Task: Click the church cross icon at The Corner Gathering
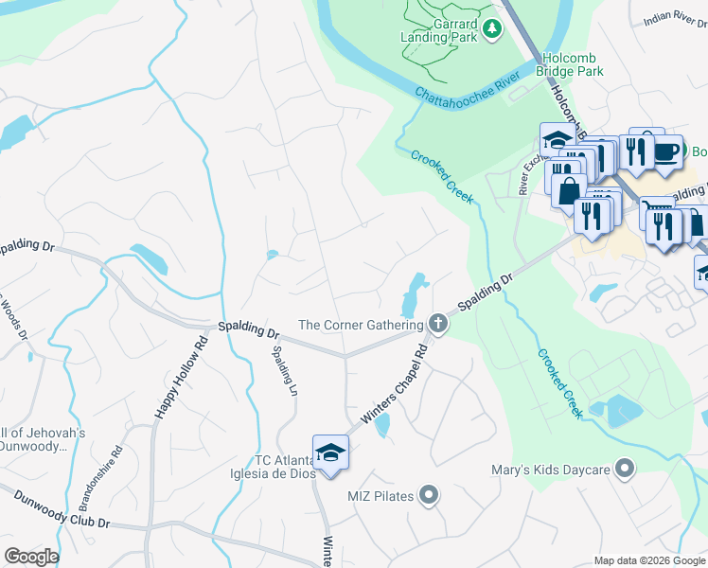[437, 325]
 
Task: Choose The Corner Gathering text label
[361, 325]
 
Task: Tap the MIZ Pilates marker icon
[429, 494]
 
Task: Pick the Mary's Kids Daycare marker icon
[624, 468]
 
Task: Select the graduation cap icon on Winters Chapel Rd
[331, 452]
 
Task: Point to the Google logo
[31, 557]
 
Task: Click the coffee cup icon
[666, 151]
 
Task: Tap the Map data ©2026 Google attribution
[649, 560]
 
